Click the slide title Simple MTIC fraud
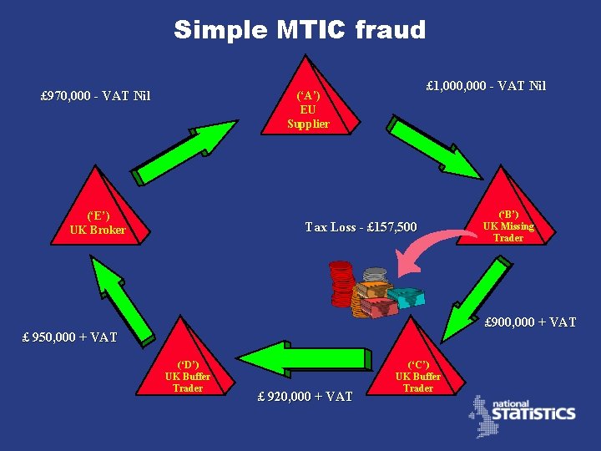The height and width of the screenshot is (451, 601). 300,30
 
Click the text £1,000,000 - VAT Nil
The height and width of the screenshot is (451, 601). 486,85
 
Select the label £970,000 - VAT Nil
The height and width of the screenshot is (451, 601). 95,95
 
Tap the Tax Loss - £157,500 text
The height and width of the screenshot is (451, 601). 361,226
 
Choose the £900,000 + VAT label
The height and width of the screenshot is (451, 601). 530,322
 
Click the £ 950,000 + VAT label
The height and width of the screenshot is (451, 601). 69,337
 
